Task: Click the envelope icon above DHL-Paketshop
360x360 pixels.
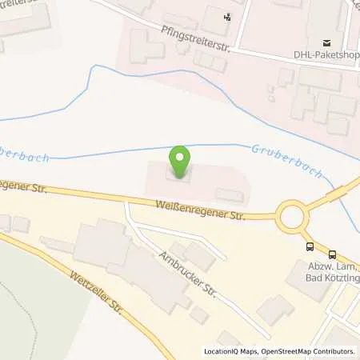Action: coord(326,42)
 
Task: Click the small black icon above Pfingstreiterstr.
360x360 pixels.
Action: coord(228,16)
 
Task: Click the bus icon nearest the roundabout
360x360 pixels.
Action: coord(310,246)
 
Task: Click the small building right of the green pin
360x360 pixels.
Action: coord(230,196)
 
